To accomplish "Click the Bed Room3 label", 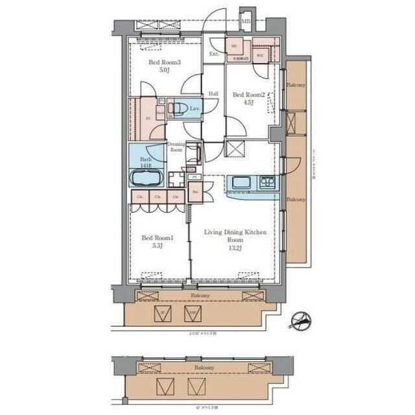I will pos(164,63).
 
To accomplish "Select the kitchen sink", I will pos(241,182).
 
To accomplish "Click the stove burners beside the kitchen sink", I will pos(267,182).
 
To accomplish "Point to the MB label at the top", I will pos(246,21).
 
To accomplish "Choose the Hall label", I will pos(213,93).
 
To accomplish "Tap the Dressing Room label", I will pos(176,147).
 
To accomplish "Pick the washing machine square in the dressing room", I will pos(176,179).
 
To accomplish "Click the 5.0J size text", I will pos(164,71).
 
